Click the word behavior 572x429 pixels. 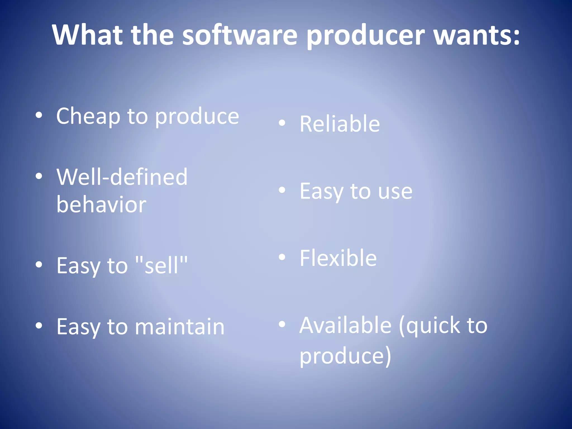[x=101, y=204]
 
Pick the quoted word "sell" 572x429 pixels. [x=161, y=265]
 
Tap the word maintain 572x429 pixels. [x=180, y=327]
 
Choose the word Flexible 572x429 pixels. [x=338, y=258]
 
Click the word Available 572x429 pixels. [x=345, y=325]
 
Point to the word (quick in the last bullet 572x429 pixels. [x=430, y=326]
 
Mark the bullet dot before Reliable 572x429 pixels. [x=282, y=123]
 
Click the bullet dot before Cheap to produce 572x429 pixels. [x=39, y=115]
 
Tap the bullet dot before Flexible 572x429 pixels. [x=282, y=257]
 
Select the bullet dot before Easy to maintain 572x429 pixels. [x=39, y=325]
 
